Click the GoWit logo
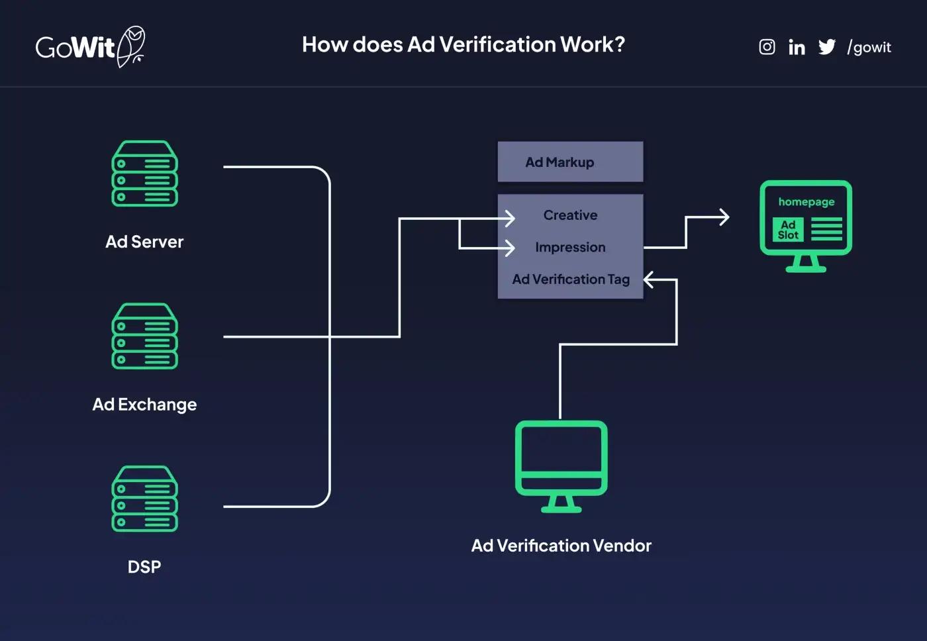(x=89, y=46)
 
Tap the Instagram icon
(x=767, y=47)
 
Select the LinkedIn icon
(x=797, y=47)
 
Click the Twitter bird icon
(x=827, y=47)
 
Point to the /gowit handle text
(x=869, y=47)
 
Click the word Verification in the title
(x=497, y=44)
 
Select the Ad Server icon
(x=144, y=173)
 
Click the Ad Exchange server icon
(x=144, y=336)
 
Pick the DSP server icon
(x=144, y=499)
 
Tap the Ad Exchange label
(x=144, y=404)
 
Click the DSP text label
(x=144, y=567)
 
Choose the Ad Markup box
(x=570, y=162)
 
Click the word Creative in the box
(x=570, y=215)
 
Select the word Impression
(x=570, y=247)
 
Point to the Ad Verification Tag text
(x=570, y=279)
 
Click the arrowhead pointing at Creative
(x=511, y=218)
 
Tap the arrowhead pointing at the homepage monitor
(x=724, y=217)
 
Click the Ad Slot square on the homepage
(x=788, y=230)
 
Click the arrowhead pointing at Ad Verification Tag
(x=649, y=280)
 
